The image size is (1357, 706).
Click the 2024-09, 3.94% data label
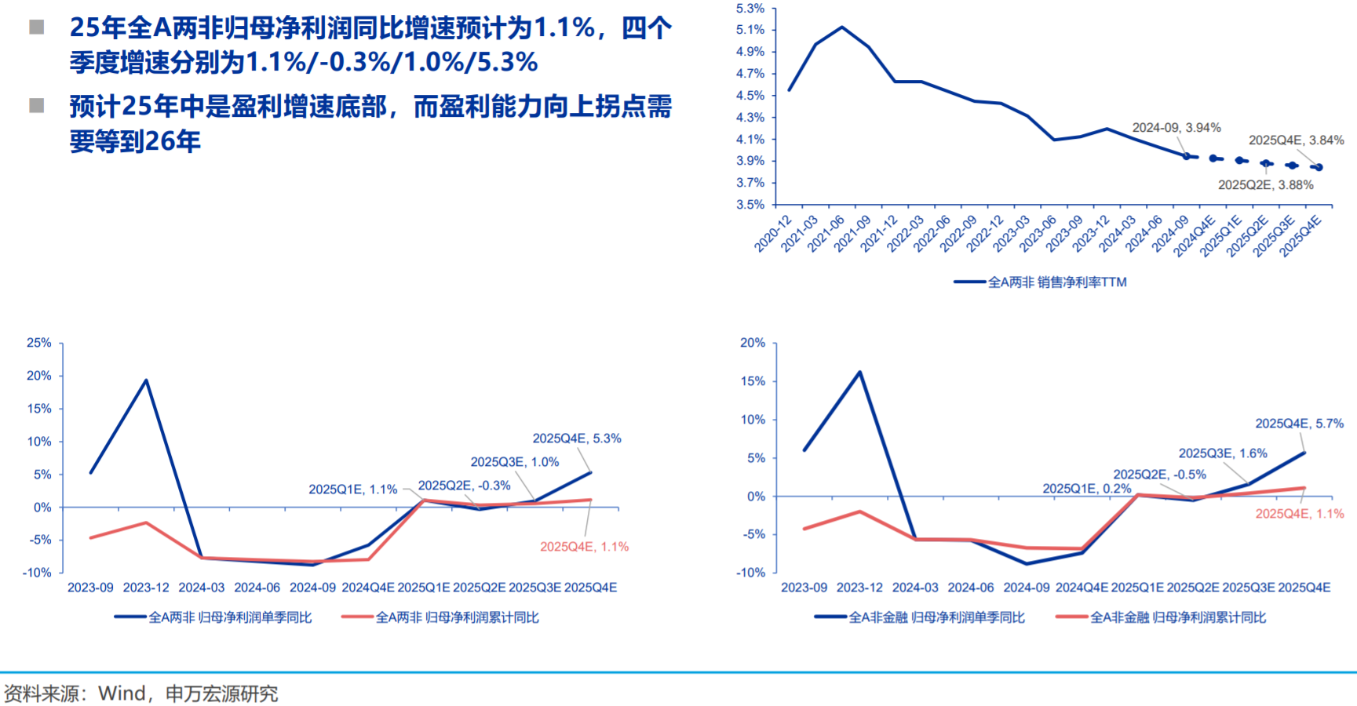tap(1176, 128)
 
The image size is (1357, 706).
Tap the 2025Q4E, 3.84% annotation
tap(1296, 140)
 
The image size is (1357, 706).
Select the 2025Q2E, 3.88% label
tap(1265, 185)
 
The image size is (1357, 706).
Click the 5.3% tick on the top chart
tap(750, 9)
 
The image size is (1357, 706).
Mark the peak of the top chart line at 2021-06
tap(842, 27)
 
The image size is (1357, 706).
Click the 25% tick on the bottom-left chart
tap(38, 343)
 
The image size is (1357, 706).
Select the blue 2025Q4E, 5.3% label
tap(577, 439)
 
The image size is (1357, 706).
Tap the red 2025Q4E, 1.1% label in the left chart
tap(584, 547)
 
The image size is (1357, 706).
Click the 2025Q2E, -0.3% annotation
tap(464, 486)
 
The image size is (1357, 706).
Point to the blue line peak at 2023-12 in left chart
tap(146, 380)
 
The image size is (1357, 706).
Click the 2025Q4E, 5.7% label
tap(1299, 424)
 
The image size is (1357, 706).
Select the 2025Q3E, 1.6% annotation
tap(1223, 453)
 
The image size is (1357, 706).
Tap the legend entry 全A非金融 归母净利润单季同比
tap(936, 618)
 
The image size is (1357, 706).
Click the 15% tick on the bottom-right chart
tap(752, 381)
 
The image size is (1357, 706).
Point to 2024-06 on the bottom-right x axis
tap(971, 588)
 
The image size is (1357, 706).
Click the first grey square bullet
tap(36, 28)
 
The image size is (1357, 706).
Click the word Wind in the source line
tap(122, 693)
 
